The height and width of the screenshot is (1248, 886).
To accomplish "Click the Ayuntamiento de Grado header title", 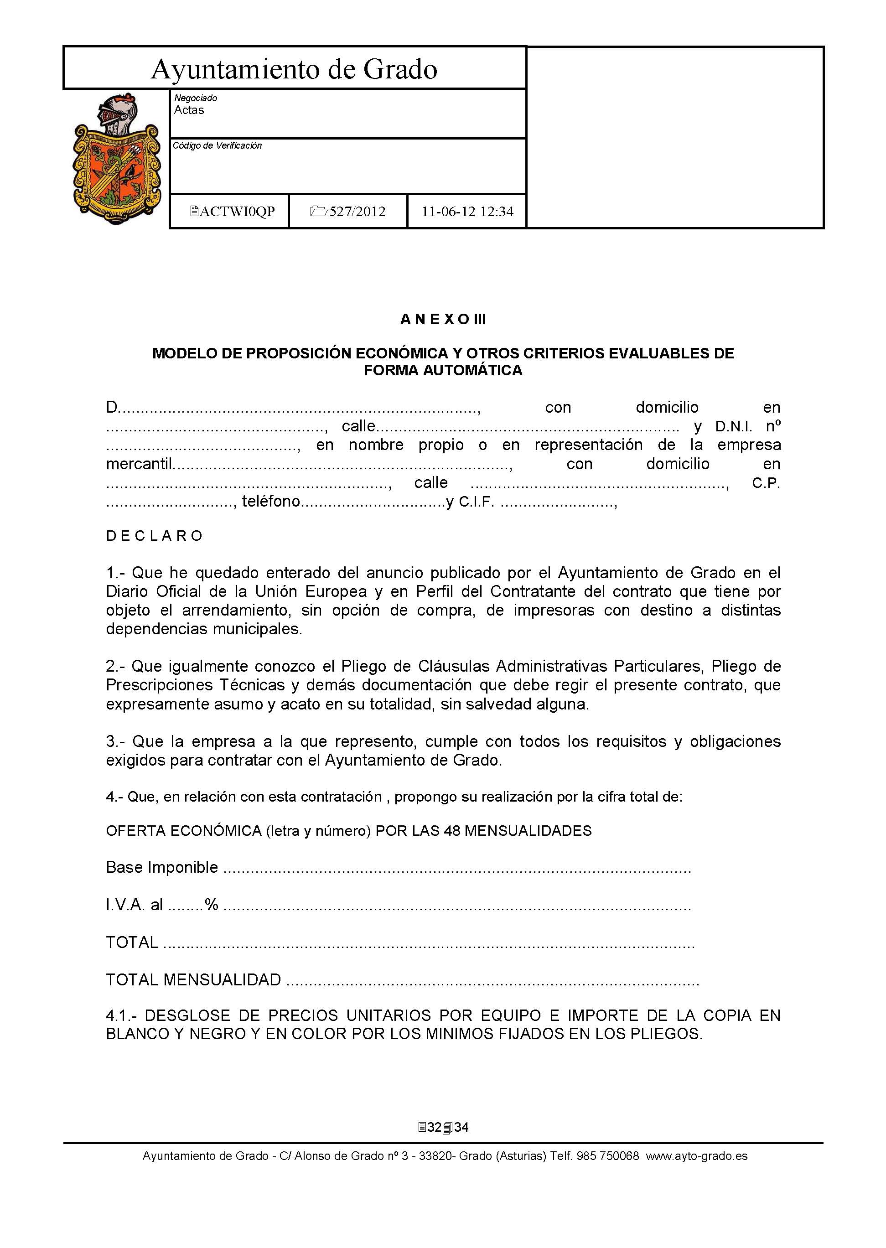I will click(294, 69).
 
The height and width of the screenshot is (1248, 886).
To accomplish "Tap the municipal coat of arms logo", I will click(116, 159).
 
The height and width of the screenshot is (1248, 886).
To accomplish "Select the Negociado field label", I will click(195, 98).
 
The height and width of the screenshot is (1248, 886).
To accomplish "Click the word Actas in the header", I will click(189, 110).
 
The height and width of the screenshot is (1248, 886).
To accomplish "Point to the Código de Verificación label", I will click(217, 145).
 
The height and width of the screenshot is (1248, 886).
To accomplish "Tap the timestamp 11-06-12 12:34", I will click(467, 212).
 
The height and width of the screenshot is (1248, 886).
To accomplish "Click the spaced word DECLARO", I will click(155, 536).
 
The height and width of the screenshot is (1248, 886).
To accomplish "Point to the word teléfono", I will click(271, 501).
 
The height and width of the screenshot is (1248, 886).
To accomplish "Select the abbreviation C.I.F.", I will click(476, 502).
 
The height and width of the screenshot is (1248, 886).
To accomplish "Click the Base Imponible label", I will click(162, 867).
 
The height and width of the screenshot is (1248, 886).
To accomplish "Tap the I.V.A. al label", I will click(134, 905).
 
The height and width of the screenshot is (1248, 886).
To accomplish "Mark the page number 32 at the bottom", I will click(434, 1128).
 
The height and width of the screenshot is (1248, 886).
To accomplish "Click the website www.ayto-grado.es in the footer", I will click(697, 1156).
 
